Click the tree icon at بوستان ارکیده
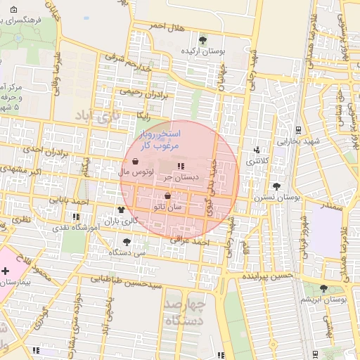coord(203,39)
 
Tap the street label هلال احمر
coord(165,27)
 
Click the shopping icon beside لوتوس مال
coord(134,161)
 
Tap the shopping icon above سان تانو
coord(167,196)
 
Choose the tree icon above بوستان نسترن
coord(276,186)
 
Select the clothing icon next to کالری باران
coord(121,210)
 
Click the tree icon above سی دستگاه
coord(127,241)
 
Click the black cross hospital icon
coord(5,271)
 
